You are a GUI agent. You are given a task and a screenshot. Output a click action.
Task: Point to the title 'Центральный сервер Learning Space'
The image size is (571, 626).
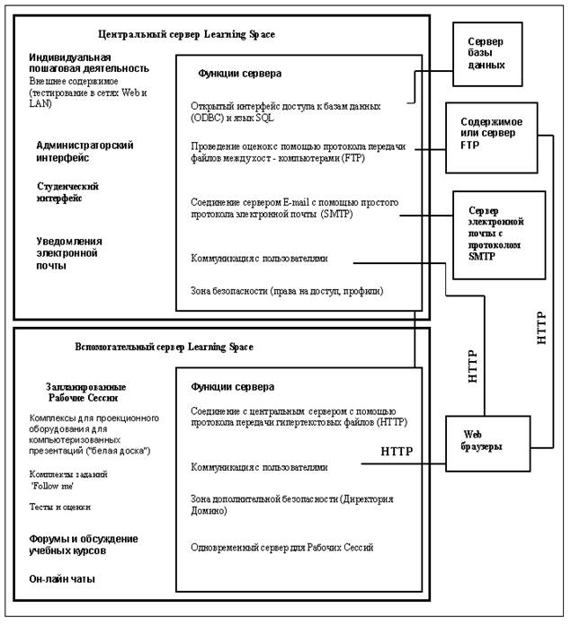pos(211,34)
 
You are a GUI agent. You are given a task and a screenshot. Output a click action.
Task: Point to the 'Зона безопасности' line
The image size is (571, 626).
pos(287,291)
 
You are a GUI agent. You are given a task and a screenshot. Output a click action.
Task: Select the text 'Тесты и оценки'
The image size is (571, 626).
pos(60,507)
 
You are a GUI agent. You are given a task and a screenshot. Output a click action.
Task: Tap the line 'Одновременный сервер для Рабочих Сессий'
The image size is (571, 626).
pos(281,547)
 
